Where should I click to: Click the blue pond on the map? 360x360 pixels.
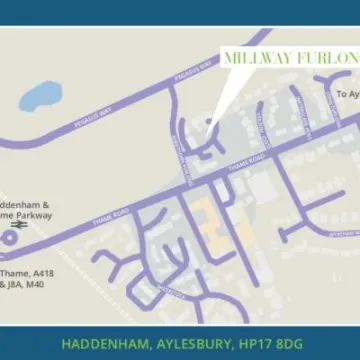point(39,95)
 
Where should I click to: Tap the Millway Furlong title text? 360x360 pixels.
point(289,58)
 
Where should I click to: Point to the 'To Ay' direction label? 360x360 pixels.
point(346,94)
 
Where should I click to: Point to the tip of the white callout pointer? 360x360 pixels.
point(209,126)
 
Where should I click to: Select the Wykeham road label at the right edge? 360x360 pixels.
point(341,232)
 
